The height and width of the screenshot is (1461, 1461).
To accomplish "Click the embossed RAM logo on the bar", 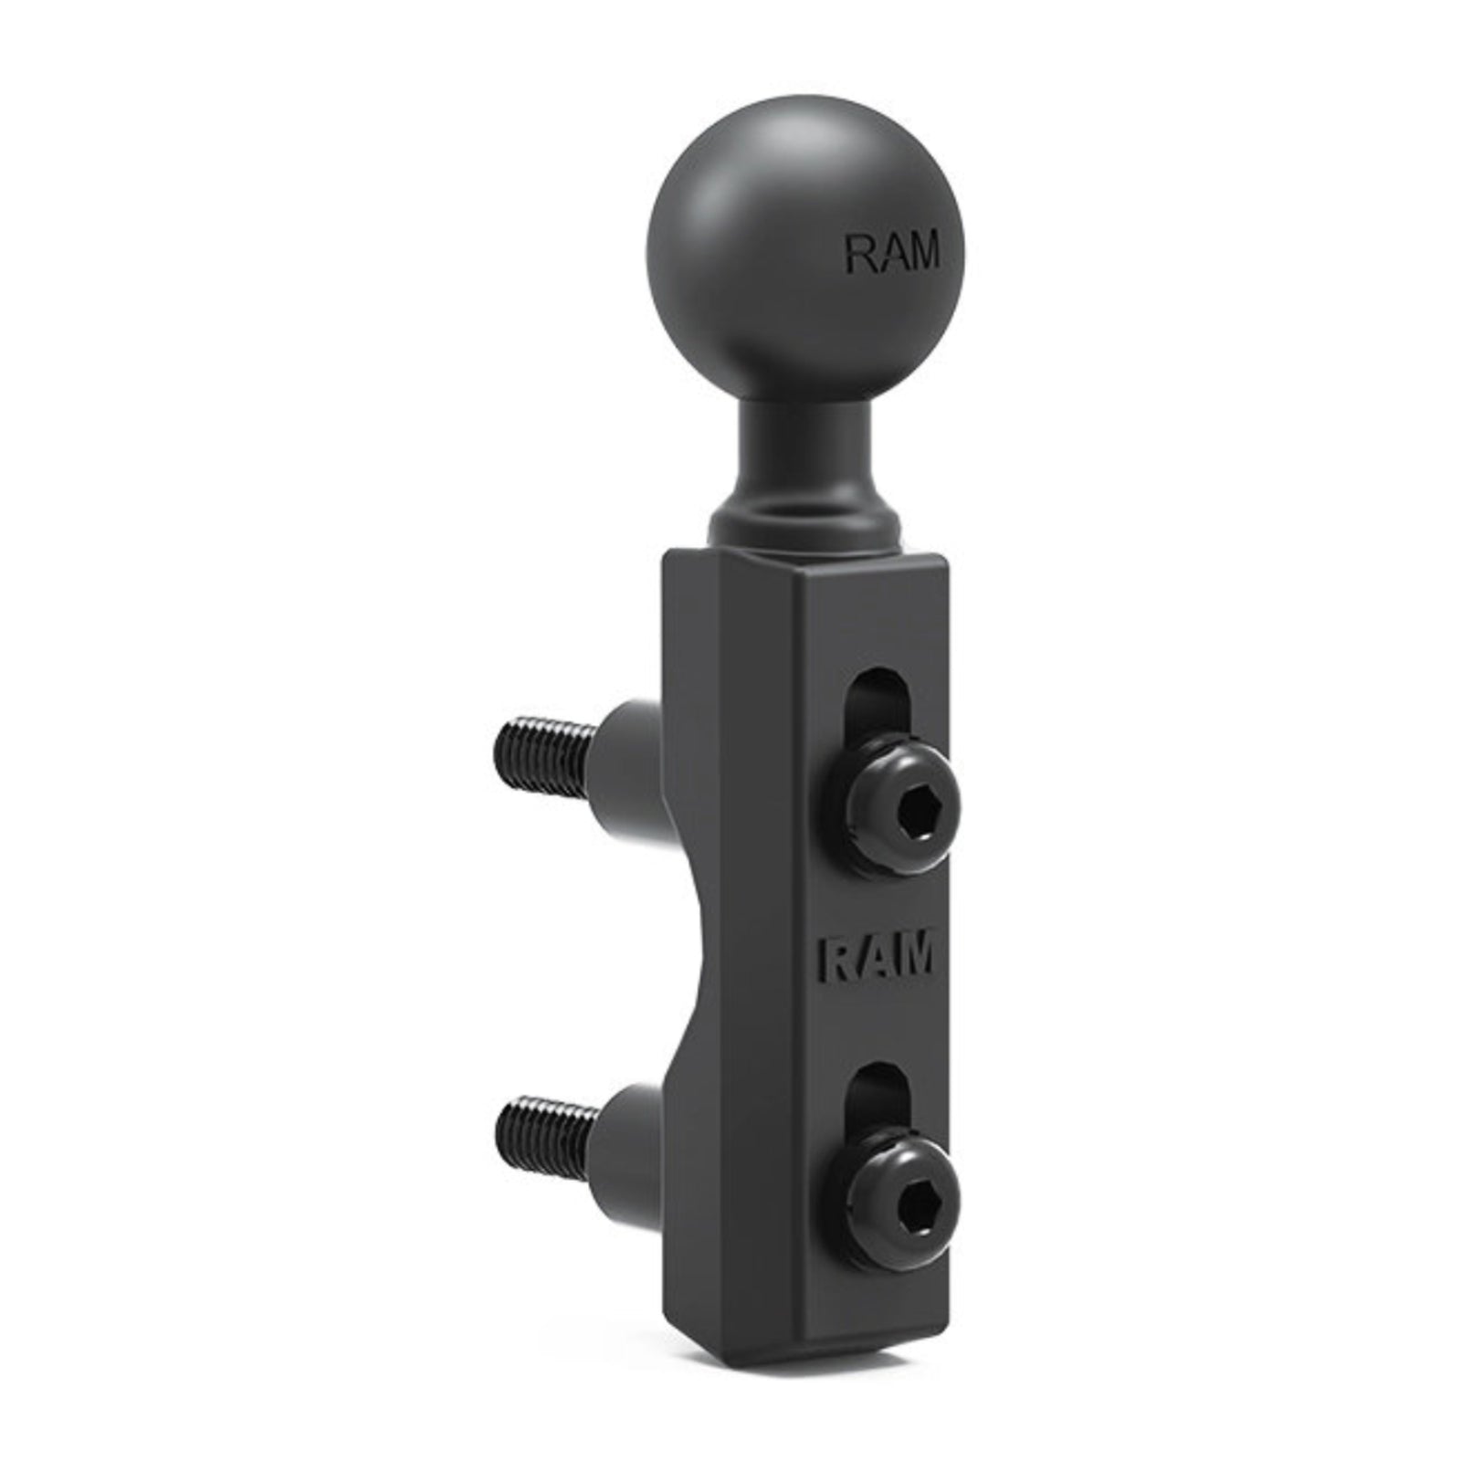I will pyautogui.click(x=878, y=956).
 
